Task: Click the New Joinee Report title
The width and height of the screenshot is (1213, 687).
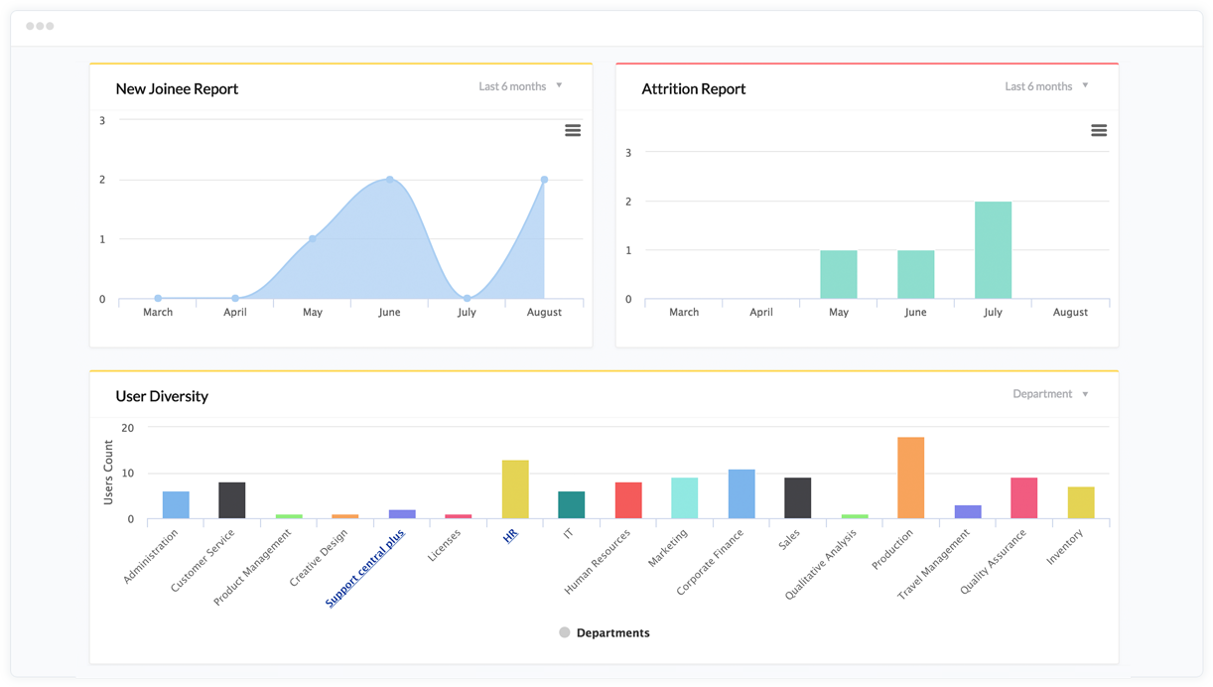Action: pos(177,88)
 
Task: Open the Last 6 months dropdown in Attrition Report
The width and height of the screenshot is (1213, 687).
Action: pos(1046,86)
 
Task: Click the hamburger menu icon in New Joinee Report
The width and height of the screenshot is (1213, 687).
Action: pos(573,130)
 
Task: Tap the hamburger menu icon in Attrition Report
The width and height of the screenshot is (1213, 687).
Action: pos(1099,130)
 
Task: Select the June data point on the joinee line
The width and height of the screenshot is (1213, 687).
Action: pos(390,180)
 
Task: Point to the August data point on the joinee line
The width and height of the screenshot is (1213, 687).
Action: pos(544,180)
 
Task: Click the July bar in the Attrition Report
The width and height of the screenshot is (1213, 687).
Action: pos(993,250)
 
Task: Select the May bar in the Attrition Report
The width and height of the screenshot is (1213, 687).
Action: pos(839,274)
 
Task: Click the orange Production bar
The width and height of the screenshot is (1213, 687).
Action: pos(910,478)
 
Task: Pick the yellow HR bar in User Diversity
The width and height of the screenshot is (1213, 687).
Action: pos(515,489)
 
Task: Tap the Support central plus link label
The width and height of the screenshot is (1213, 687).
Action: pos(365,569)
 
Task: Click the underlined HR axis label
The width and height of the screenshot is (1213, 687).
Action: pos(510,536)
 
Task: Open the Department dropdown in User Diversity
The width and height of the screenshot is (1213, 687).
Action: pos(1050,394)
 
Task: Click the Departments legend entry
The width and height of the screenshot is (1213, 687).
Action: pos(605,632)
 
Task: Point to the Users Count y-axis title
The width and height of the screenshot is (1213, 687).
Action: pos(108,473)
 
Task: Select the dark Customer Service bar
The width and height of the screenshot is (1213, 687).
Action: pos(232,500)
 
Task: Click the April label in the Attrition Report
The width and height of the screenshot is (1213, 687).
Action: pos(761,312)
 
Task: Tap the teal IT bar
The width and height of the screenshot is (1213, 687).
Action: pos(572,504)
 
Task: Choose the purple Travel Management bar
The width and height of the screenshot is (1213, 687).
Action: pos(968,511)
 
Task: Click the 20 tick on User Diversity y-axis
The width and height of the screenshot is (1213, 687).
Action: pos(127,428)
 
